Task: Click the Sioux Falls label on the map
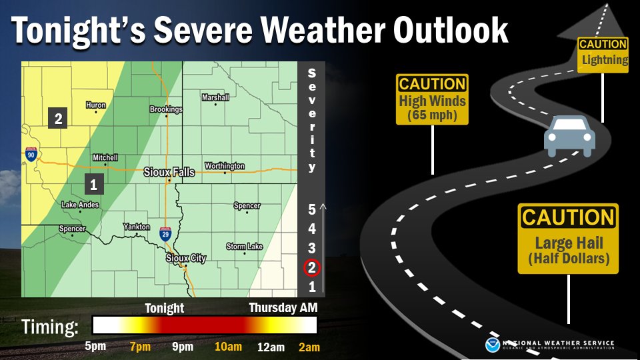(x=169, y=172)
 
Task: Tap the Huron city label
(x=96, y=105)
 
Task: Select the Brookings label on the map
(x=166, y=109)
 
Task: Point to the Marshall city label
(x=215, y=97)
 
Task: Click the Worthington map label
(x=225, y=166)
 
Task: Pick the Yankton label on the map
(x=137, y=227)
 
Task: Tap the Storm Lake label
(x=245, y=247)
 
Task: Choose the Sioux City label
(x=186, y=258)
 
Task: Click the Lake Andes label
(x=80, y=205)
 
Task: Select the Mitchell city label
(x=105, y=158)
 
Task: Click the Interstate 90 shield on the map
(x=31, y=153)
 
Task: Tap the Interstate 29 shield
(x=166, y=233)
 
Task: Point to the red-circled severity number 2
(x=312, y=268)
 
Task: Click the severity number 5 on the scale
(x=312, y=209)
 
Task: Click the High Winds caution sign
(x=432, y=99)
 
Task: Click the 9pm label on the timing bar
(x=182, y=347)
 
